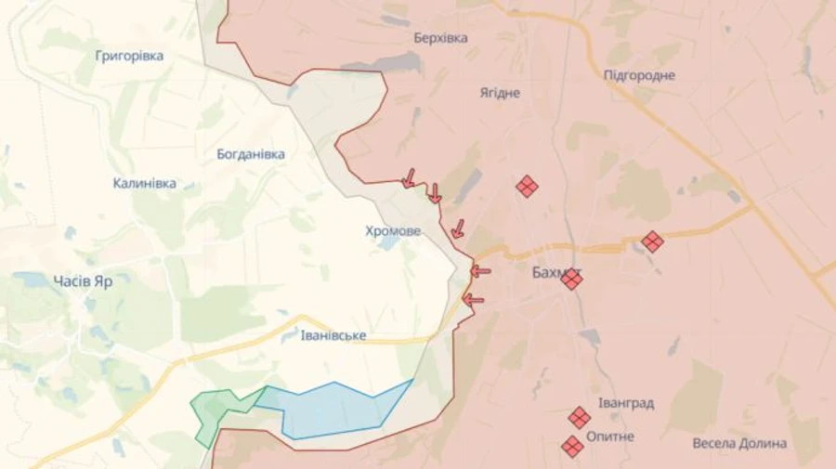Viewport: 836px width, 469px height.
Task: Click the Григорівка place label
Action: pyautogui.click(x=129, y=56)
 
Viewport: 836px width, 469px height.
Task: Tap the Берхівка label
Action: pyautogui.click(x=440, y=38)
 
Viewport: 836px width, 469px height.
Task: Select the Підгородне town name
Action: pyautogui.click(x=639, y=75)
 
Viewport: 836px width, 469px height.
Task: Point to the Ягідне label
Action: pyautogui.click(x=500, y=93)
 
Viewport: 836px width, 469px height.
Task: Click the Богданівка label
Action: pyautogui.click(x=250, y=154)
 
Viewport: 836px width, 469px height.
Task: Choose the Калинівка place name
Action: pyautogui.click(x=145, y=183)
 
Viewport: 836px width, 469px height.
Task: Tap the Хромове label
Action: pyautogui.click(x=392, y=230)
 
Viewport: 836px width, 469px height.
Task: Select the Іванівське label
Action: pyautogui.click(x=333, y=334)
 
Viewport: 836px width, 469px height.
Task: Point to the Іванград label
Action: pyautogui.click(x=626, y=403)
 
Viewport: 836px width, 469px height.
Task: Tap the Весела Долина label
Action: pyautogui.click(x=739, y=443)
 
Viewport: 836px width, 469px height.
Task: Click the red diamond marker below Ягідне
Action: pyautogui.click(x=527, y=187)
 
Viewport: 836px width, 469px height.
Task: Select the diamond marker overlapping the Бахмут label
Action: pyautogui.click(x=571, y=279)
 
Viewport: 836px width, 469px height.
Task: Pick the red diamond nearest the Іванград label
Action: pyautogui.click(x=579, y=417)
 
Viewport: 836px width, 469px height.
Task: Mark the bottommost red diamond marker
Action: pyautogui.click(x=572, y=447)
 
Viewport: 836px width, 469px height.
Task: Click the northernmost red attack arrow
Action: pyautogui.click(x=408, y=177)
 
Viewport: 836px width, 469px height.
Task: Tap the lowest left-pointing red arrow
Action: pyautogui.click(x=474, y=299)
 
